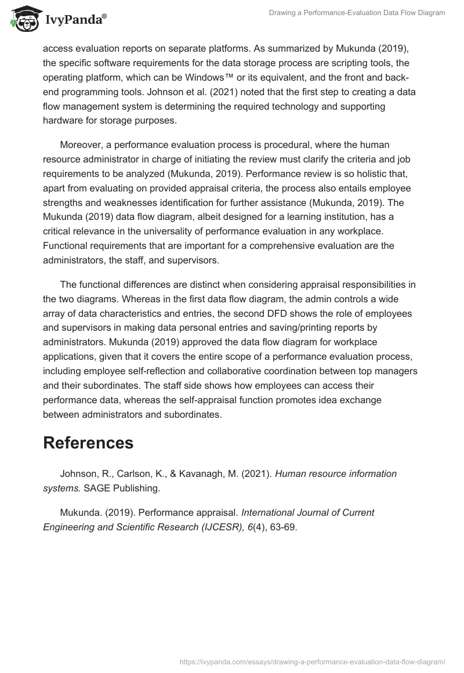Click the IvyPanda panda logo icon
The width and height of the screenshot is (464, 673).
[x=24, y=19]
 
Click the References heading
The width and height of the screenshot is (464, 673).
[x=88, y=443]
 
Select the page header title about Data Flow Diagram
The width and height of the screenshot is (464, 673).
[x=357, y=12]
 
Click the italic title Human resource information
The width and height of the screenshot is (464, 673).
[x=336, y=473]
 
